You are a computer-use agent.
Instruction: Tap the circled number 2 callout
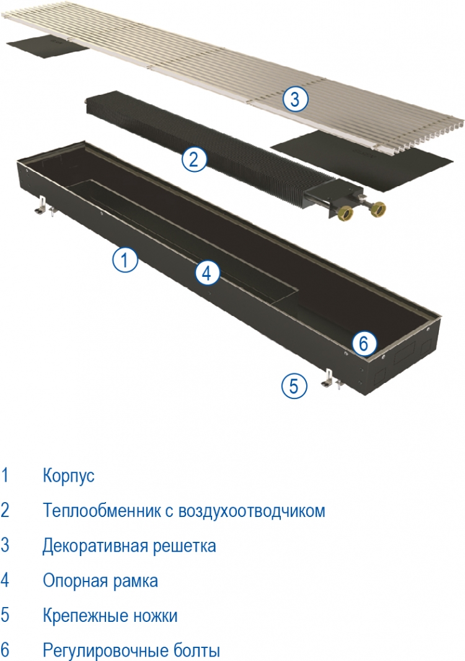(x=193, y=160)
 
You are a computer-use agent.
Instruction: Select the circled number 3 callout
(x=295, y=99)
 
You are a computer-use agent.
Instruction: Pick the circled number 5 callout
(x=294, y=385)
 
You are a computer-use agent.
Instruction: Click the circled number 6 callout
(x=363, y=344)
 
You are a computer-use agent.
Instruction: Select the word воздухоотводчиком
(x=252, y=511)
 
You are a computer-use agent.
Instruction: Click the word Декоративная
(x=95, y=546)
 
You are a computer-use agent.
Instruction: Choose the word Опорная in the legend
(x=71, y=581)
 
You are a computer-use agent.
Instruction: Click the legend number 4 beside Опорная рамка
(x=4, y=580)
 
